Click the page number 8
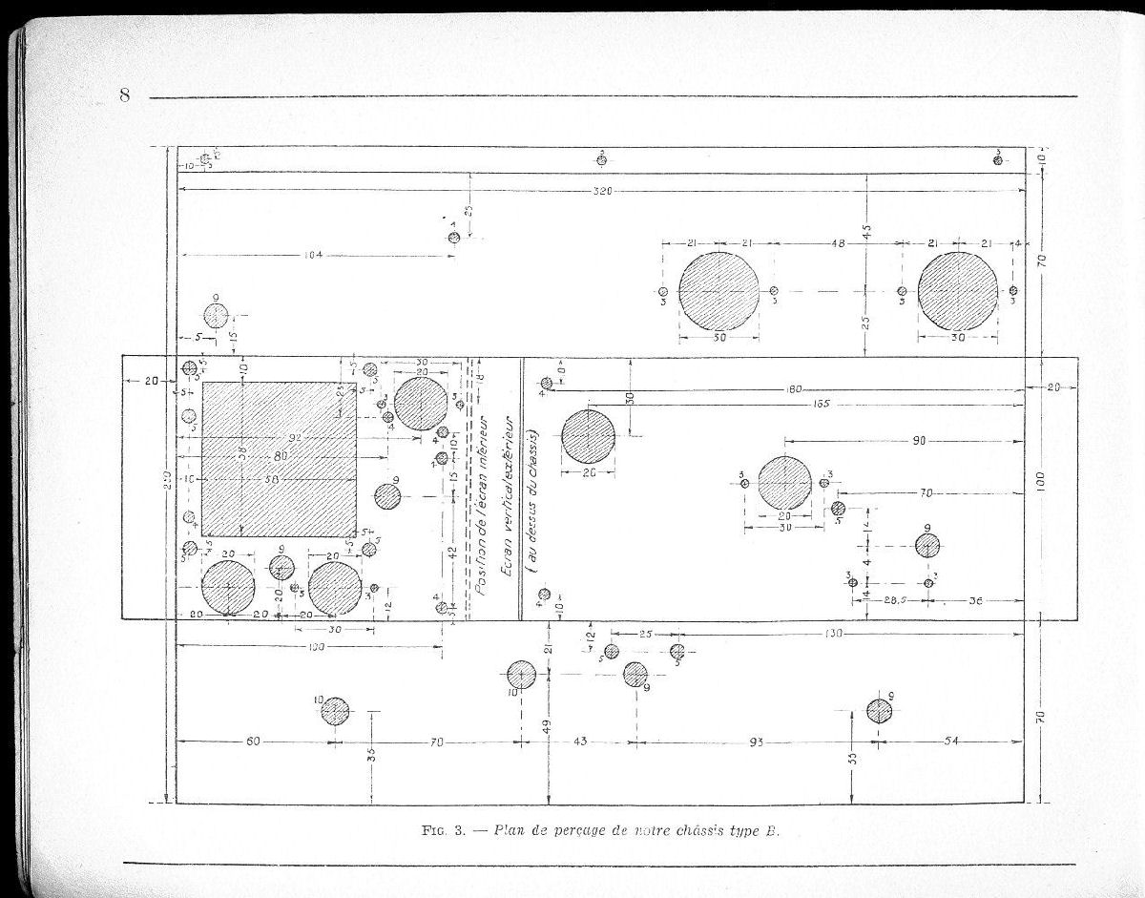124,94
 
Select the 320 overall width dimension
601,192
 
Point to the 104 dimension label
312,255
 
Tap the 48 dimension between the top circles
838,244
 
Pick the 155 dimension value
795,405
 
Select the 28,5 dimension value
891,602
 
